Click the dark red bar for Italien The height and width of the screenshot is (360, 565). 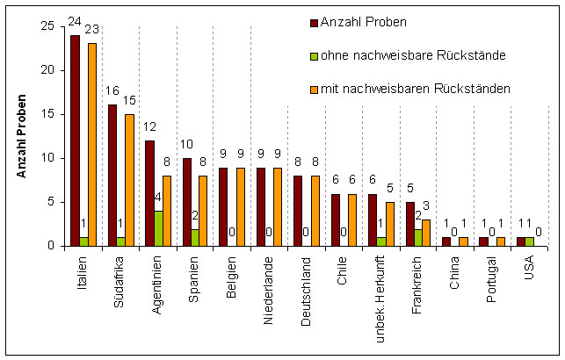(x=75, y=140)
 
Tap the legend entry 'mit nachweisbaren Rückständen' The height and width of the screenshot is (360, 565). (x=404, y=89)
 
